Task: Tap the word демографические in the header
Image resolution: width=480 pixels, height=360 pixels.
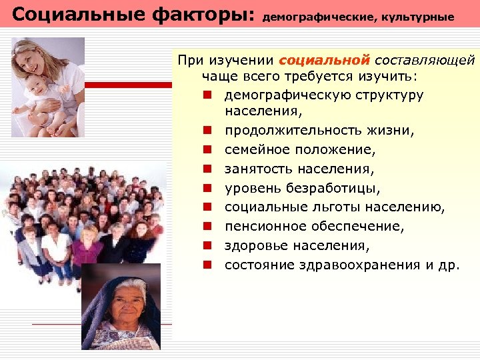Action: (317, 17)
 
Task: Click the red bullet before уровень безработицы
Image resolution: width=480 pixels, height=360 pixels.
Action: (208, 189)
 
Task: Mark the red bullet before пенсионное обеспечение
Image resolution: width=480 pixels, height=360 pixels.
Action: (208, 227)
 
